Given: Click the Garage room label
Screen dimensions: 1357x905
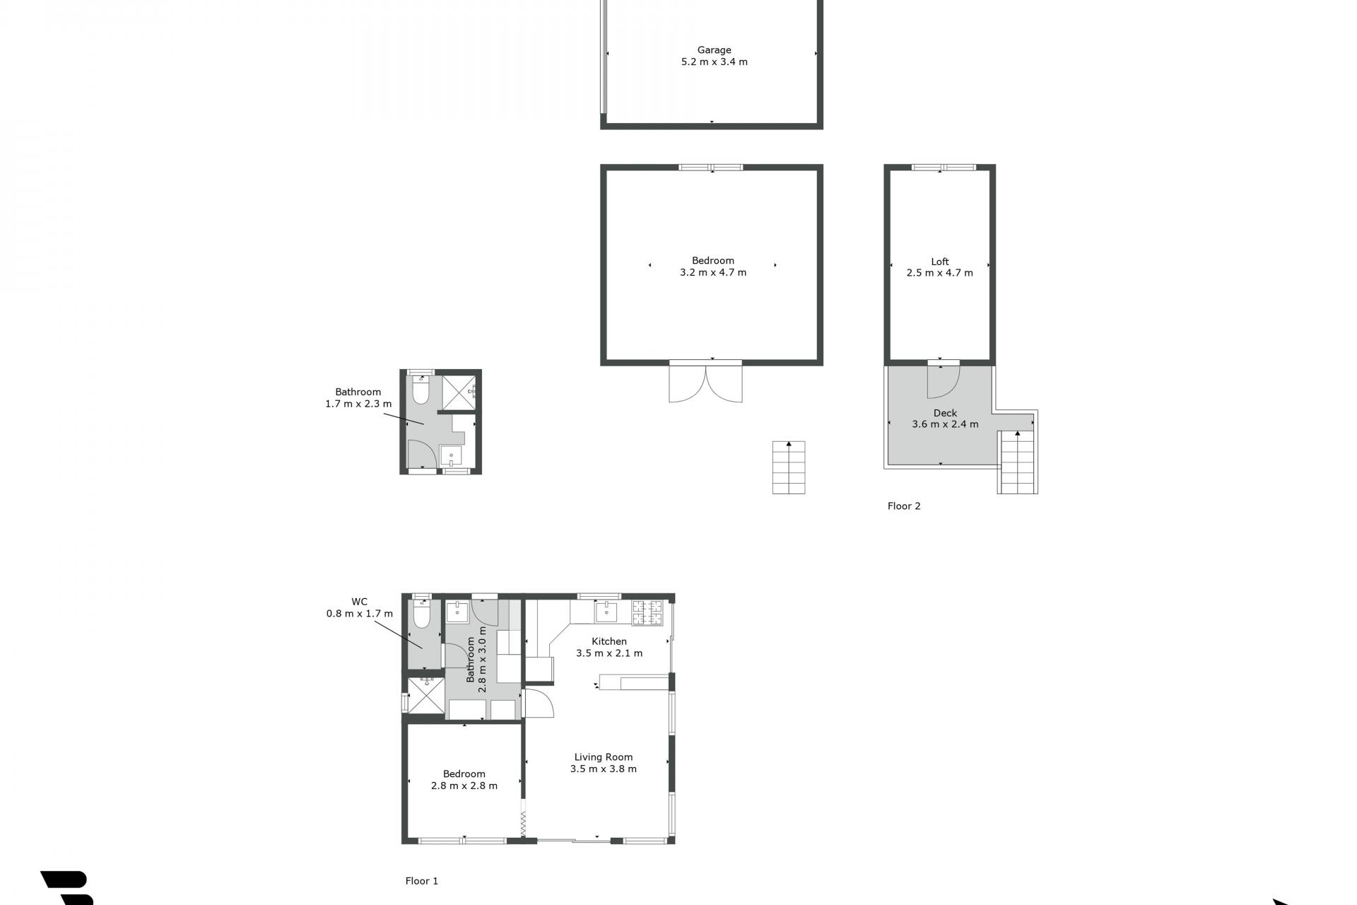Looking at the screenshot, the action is pos(714,50).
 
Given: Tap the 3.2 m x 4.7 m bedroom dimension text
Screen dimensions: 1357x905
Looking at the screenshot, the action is pos(712,272).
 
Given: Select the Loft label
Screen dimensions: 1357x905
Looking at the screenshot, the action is pos(939,262).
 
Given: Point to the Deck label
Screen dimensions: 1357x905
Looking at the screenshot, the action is pos(945,413).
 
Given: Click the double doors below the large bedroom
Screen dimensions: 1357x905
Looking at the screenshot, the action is pos(706,382).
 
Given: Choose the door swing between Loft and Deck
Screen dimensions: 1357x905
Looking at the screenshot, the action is pos(943,380).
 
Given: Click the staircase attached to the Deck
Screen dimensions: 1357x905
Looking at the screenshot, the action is pos(1018,462).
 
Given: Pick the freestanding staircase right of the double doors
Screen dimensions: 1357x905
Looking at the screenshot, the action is pos(789,467).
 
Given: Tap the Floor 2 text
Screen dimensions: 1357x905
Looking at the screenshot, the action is pos(904,506).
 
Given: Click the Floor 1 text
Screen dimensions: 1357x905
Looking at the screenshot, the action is pos(422,881).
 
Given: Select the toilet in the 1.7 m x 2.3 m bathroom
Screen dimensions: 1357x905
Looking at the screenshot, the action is pos(421,390).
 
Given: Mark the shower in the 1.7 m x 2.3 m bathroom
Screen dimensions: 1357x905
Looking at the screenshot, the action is pos(459,392).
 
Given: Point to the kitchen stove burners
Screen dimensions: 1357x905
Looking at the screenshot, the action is pos(647,612).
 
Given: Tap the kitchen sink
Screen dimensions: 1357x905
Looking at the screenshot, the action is pos(606,611).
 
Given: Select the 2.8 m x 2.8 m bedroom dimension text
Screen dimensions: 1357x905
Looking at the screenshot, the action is pos(464,786).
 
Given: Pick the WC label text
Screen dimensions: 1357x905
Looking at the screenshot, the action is pos(360,602).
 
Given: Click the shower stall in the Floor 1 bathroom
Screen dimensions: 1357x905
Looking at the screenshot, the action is pos(426,696).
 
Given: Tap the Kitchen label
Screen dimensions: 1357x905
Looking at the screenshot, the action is pos(609,641).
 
